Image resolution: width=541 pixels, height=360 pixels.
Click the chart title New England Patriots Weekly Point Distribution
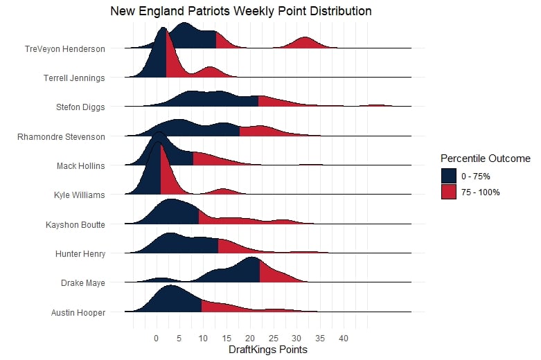[x=241, y=12]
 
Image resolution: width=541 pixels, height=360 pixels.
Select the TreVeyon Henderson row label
[x=64, y=49]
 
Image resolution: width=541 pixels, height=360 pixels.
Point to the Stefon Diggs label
[x=80, y=107]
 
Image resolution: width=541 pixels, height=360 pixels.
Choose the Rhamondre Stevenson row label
[x=61, y=137]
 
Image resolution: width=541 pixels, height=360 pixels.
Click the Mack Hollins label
[x=81, y=166]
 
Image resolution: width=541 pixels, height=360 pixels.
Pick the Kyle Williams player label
[x=79, y=195]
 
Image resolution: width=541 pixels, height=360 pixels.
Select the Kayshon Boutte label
[x=75, y=225]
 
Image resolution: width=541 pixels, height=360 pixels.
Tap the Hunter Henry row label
[x=80, y=254]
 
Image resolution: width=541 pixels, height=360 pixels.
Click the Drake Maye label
[x=83, y=283]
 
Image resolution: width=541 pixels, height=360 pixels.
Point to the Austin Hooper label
[x=78, y=313]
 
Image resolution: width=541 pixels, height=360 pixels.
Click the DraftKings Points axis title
[x=267, y=350]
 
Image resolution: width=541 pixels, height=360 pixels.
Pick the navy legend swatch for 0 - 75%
[x=449, y=176]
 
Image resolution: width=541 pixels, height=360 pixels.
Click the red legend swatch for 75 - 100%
[x=449, y=192]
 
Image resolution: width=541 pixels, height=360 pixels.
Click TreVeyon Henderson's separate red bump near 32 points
[x=305, y=43]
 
